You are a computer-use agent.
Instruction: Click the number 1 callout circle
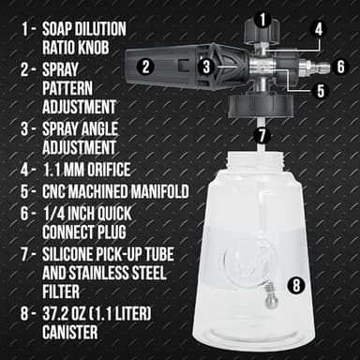click(x=263, y=17)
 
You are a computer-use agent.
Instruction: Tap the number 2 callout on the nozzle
click(x=144, y=66)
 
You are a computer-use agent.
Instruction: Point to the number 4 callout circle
click(x=319, y=28)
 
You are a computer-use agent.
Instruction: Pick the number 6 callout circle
click(x=340, y=66)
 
